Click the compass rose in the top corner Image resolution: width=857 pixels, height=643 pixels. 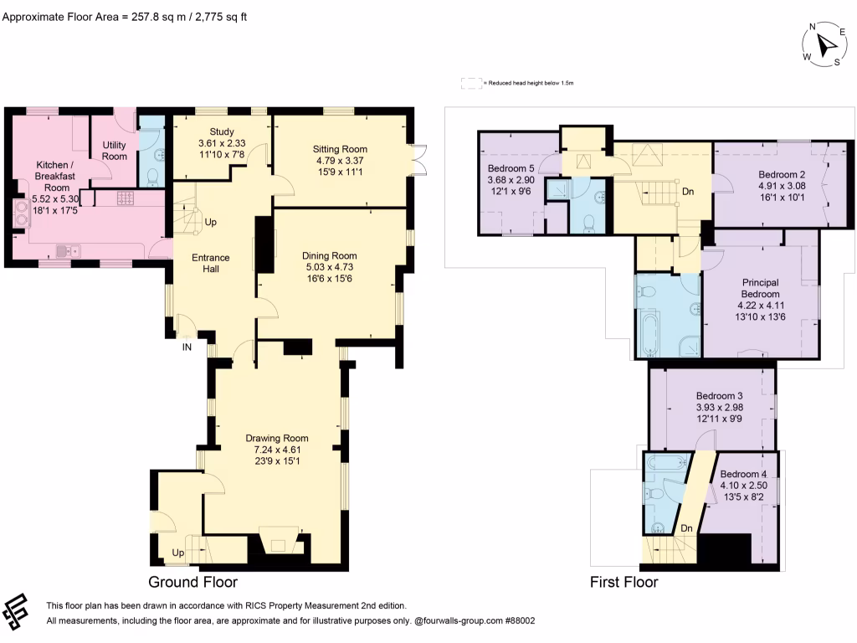coord(824,44)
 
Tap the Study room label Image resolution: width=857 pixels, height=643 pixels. coord(221,131)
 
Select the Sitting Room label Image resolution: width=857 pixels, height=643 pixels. coord(340,149)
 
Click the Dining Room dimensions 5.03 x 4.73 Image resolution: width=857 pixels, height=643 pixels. coord(329,267)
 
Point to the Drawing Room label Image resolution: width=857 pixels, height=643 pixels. coord(276,438)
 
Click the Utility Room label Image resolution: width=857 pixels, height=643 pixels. coord(114,151)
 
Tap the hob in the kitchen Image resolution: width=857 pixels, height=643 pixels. coord(126,198)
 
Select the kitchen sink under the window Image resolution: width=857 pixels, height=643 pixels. coord(68,251)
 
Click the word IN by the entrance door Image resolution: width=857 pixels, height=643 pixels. coord(187,347)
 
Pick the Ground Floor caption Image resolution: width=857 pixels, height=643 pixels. coord(193,582)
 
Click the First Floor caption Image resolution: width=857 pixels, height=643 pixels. coord(624,582)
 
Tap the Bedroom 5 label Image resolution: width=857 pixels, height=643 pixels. coord(511,168)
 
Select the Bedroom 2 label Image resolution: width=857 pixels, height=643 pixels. coord(782,174)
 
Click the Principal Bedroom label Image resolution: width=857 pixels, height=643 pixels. coord(760,288)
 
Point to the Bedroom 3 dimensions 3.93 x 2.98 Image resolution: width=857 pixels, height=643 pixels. coord(719,408)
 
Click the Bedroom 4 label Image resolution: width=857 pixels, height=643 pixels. coord(743,474)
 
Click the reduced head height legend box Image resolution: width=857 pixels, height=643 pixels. coord(471,83)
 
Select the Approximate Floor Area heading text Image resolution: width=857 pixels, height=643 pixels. coord(125,17)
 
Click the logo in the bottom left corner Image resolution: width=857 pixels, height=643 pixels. coord(15,611)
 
